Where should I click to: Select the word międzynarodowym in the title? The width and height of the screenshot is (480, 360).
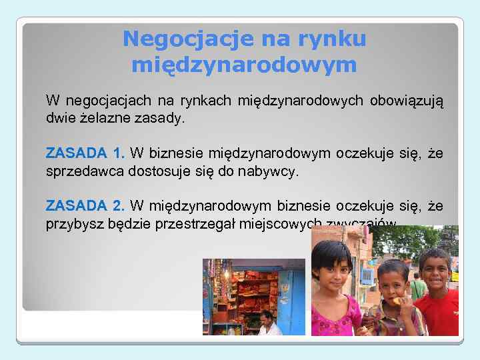[x=244, y=65]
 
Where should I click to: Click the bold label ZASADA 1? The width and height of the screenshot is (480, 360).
[x=86, y=154]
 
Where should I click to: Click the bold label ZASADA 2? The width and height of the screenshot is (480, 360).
[x=86, y=206]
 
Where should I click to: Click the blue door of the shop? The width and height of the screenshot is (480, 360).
[x=291, y=300]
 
